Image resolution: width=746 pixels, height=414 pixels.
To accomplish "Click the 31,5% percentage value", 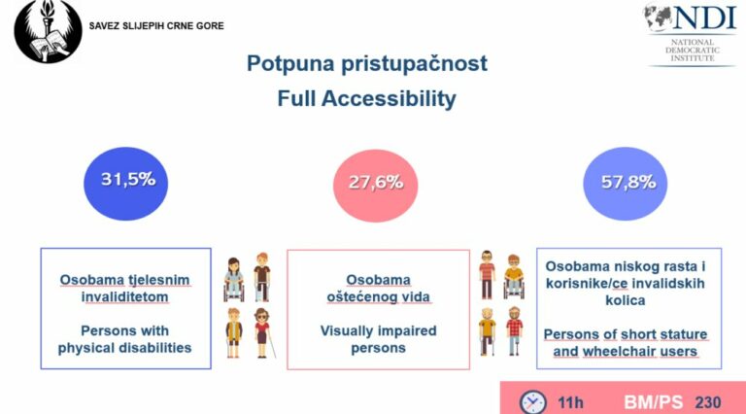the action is pos(128,180).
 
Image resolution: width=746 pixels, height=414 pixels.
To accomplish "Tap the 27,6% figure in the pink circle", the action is pos(376,183).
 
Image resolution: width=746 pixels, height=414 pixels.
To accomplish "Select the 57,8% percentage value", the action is pos(628,182).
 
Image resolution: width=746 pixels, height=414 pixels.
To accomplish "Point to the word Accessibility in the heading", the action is pos(389,99).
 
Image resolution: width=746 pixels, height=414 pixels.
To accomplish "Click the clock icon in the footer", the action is pos(532,402).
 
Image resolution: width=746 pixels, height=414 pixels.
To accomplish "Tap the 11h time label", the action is pos(570,402).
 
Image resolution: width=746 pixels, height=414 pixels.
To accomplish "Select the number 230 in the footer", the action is pos(708,402).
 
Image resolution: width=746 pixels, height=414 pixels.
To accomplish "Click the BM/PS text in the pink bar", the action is pos(653,402).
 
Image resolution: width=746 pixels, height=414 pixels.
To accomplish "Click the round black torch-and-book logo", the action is pos(48,31).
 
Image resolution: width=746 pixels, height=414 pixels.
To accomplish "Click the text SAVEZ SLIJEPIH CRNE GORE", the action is pos(156,26).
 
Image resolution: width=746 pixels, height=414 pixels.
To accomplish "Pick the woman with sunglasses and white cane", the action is pos(263,332).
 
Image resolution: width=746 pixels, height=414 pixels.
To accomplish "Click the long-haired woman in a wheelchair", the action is pos(233,279).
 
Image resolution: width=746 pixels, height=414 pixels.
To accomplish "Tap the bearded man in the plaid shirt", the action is pos(514,330).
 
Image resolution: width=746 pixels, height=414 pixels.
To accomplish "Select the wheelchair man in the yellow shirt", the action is pos(514,276).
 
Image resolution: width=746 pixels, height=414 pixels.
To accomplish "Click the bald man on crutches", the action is pos(488,331).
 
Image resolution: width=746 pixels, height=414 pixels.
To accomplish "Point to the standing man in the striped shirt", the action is pos(487,275).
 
